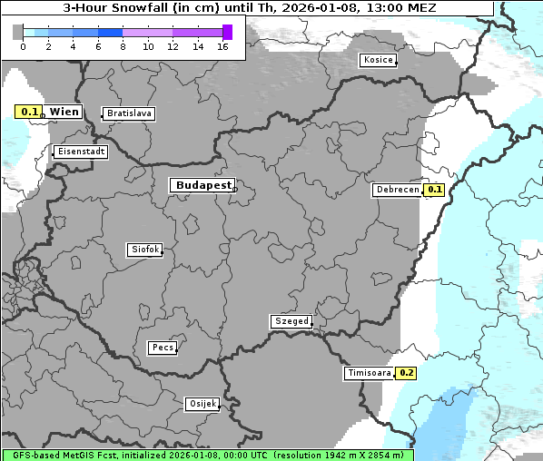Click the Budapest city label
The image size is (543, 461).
pos(202,185)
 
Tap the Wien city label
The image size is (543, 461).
pos(64,112)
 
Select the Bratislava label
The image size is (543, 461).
pos(128,113)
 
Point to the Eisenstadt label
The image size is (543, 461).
pos(80,152)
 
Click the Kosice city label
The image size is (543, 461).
pos(377,60)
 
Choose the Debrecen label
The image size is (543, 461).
pos(397,190)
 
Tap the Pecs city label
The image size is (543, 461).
pos(163,348)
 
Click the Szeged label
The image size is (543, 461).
pos(291,321)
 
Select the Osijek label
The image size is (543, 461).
pos(202,403)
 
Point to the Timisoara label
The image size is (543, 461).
pos(369,373)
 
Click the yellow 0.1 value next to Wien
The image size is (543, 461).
pos(30,113)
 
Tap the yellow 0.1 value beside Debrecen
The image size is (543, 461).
pos(434,190)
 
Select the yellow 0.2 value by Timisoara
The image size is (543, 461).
pos(406,373)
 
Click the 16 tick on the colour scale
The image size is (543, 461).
pos(222,45)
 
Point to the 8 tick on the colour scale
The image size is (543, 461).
pos(123,45)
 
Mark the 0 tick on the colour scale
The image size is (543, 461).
pos(23,45)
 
